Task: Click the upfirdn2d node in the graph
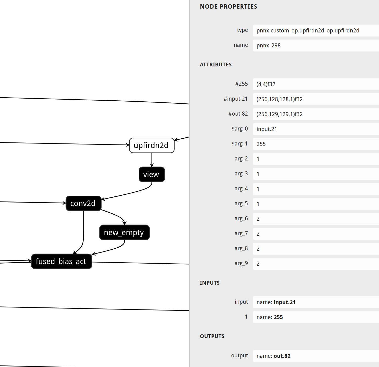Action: pos(152,145)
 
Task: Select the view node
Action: pos(152,174)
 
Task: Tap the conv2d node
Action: pos(83,203)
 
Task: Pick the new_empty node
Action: pos(124,232)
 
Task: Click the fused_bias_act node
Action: pos(61,261)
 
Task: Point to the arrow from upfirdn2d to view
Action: pos(152,160)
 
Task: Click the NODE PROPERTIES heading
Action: pos(228,7)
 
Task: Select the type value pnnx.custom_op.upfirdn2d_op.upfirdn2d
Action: pos(308,31)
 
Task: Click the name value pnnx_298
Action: pos(268,46)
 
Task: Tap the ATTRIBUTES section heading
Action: pos(216,65)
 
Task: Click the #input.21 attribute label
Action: pos(235,99)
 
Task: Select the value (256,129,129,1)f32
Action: pos(279,114)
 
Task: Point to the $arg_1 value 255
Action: pos(261,144)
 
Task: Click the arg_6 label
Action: pos(241,218)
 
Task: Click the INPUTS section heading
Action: pos(209,283)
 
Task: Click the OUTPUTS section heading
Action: pos(212,336)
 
